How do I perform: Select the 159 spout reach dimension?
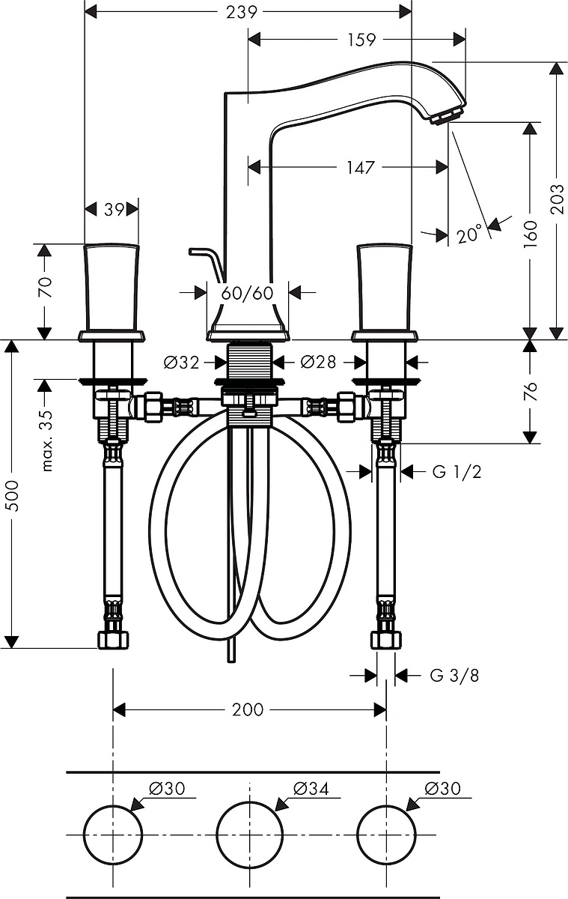pyautogui.click(x=361, y=40)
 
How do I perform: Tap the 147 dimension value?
pyautogui.click(x=361, y=167)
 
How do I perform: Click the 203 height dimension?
pyautogui.click(x=557, y=199)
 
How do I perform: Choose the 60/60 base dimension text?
pyautogui.click(x=247, y=294)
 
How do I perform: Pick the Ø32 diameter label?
pyautogui.click(x=182, y=363)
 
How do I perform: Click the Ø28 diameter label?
pyautogui.click(x=318, y=362)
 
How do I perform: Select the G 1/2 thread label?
pyautogui.click(x=457, y=472)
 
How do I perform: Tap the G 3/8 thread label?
pyautogui.click(x=454, y=676)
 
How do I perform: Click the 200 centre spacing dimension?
pyautogui.click(x=248, y=710)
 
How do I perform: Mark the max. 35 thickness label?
pyautogui.click(x=47, y=441)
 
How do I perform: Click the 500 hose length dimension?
pyautogui.click(x=13, y=496)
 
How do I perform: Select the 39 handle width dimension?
pyautogui.click(x=114, y=209)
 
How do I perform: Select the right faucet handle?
pyautogui.click(x=385, y=291)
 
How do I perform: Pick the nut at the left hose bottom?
pyautogui.click(x=114, y=639)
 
